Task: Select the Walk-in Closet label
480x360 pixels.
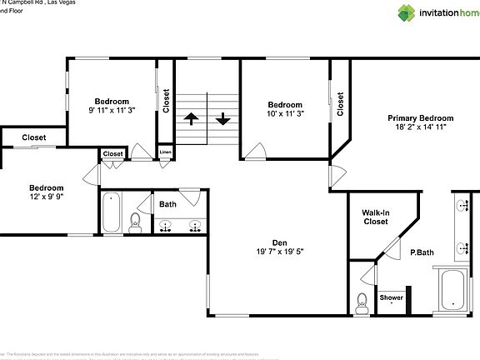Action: coord(375,217)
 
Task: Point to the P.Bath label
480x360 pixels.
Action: coord(421,252)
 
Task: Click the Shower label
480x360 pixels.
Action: coord(392,297)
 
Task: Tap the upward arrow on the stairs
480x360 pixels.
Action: coord(191,118)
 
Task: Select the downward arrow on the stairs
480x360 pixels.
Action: coord(222,118)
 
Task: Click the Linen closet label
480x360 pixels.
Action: coord(165,152)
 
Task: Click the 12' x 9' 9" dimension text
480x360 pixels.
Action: coord(47,197)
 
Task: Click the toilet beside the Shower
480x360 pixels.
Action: coord(362,302)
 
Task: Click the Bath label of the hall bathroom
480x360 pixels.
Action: coord(168,204)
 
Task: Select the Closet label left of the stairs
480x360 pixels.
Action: coord(167,101)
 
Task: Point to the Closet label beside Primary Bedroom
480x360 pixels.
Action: coord(340,104)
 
